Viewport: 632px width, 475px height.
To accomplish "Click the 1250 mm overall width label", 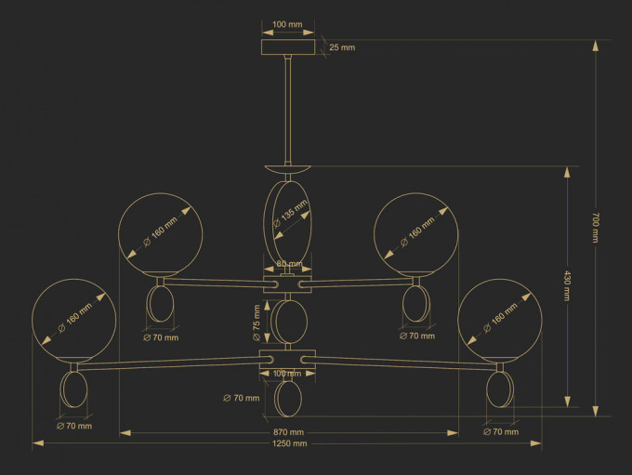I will pyautogui.click(x=289, y=444).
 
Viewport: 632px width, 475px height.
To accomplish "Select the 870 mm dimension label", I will pyautogui.click(x=288, y=432).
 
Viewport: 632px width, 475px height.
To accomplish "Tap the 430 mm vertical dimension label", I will pyautogui.click(x=567, y=285).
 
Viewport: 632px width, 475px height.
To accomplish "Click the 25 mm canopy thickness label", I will pyautogui.click(x=341, y=47).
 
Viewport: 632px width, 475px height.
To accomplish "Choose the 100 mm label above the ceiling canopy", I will pyautogui.click(x=287, y=25).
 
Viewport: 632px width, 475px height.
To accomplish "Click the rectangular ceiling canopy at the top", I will pyautogui.click(x=288, y=47).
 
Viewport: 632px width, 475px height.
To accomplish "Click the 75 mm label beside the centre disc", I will pyautogui.click(x=257, y=318).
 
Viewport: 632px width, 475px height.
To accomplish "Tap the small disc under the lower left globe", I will pyautogui.click(x=72, y=389).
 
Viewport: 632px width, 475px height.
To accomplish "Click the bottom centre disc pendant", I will pyautogui.click(x=289, y=398).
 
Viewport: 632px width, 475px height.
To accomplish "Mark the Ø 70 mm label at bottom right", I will pyautogui.click(x=502, y=432).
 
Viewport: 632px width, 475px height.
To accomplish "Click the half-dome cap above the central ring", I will pyautogui.click(x=289, y=170).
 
